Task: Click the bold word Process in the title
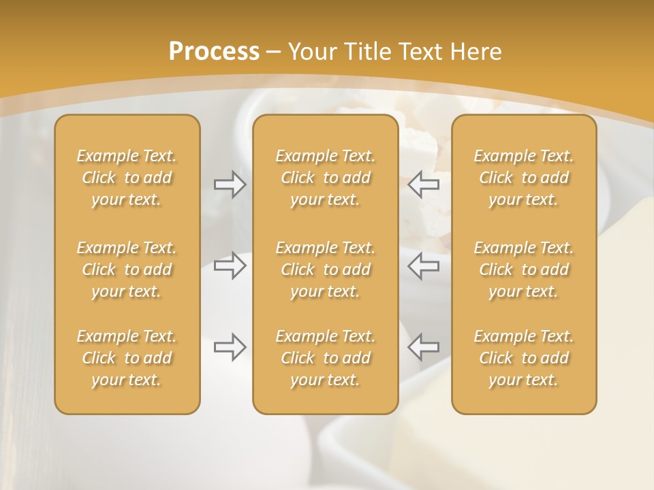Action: [x=214, y=52]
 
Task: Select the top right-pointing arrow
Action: [x=230, y=184]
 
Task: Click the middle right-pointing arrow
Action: [x=230, y=266]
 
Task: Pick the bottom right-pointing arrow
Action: [x=230, y=347]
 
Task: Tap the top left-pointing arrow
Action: [x=424, y=184]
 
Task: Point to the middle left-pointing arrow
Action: [x=424, y=266]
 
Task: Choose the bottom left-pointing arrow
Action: [x=424, y=347]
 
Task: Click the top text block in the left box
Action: [x=127, y=178]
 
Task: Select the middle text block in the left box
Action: [x=127, y=269]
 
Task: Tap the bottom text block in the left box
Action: [x=127, y=358]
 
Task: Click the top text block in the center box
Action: [x=325, y=178]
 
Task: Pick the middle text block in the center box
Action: [x=325, y=269]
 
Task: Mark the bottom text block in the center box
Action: [x=325, y=358]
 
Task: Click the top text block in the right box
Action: [x=524, y=178]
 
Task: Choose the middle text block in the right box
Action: [x=524, y=269]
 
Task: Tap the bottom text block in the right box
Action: [x=524, y=358]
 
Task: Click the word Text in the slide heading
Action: [x=421, y=52]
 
